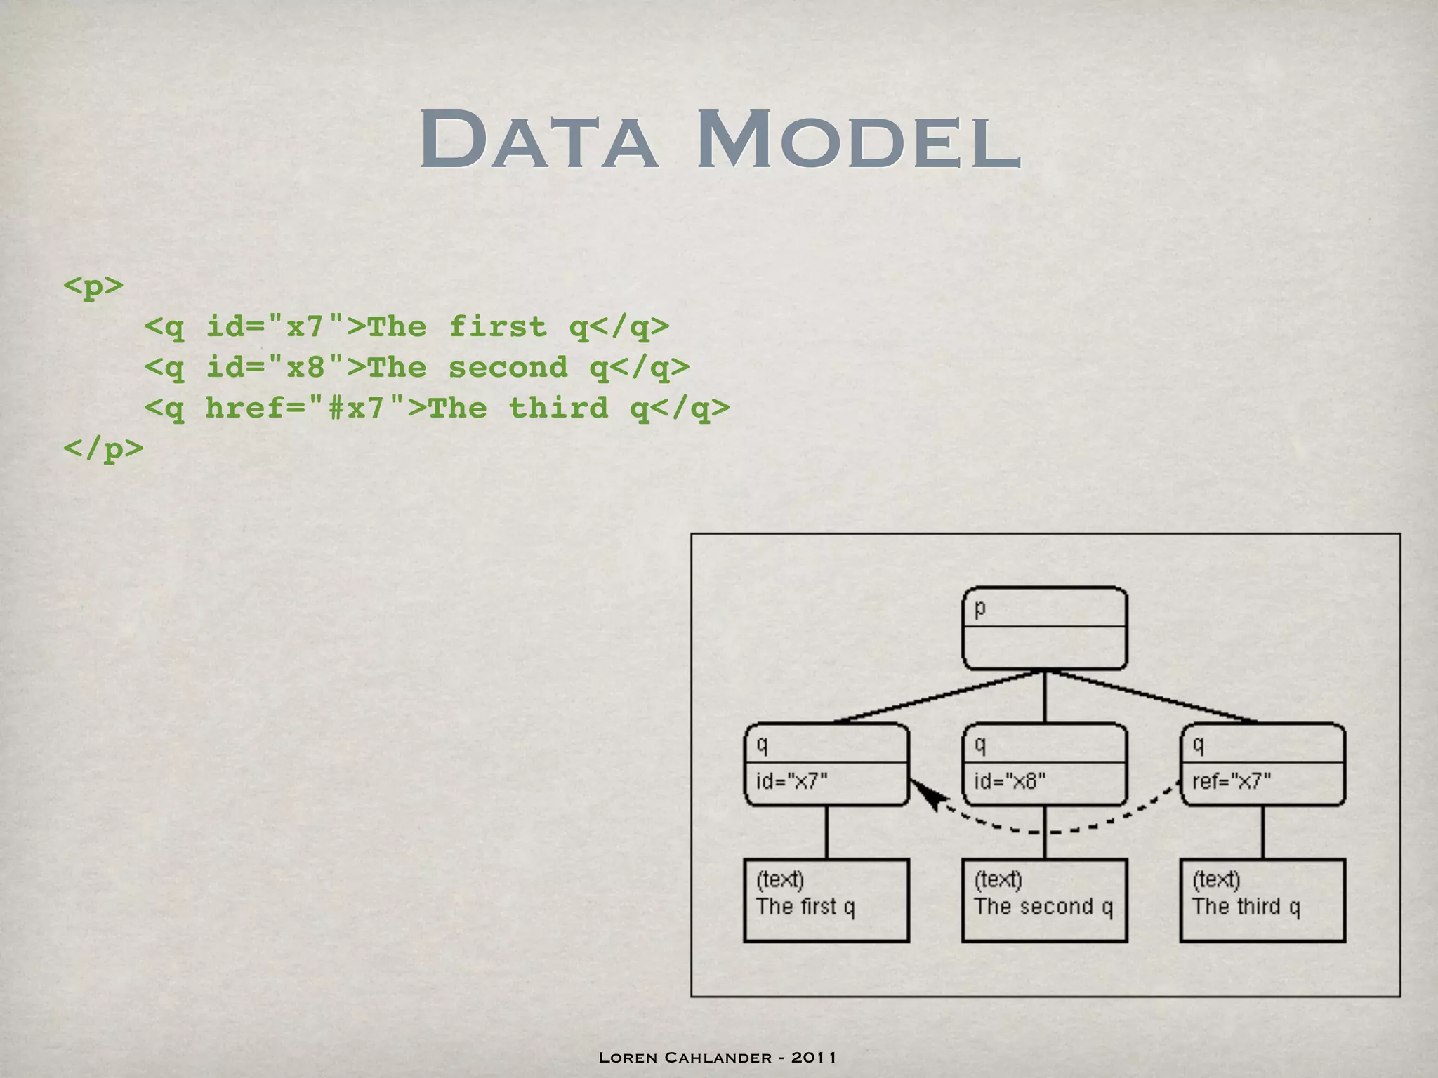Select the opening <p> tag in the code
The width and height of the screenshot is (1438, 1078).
click(x=93, y=286)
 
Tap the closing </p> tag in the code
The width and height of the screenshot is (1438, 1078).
click(x=103, y=448)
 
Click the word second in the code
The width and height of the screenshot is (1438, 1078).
click(x=508, y=367)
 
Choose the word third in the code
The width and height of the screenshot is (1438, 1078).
click(x=558, y=408)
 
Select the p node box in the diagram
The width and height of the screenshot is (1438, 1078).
click(x=1044, y=628)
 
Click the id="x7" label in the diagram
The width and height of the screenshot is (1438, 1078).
click(x=791, y=781)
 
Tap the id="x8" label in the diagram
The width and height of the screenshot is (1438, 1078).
click(x=1010, y=781)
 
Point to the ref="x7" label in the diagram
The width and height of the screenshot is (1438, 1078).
click(x=1232, y=781)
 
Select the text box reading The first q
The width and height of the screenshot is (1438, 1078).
click(x=826, y=900)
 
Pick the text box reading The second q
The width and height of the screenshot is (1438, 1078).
click(x=1044, y=900)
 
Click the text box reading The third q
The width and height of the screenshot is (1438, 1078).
click(x=1262, y=900)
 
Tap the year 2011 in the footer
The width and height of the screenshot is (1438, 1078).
click(x=814, y=1057)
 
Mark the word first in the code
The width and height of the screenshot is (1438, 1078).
click(x=497, y=326)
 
